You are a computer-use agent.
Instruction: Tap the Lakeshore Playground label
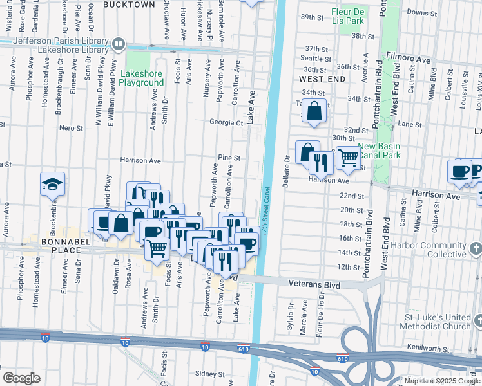[x=141, y=78]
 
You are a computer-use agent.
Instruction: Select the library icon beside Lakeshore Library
[x=119, y=44]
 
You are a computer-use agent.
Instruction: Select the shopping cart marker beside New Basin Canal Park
[x=348, y=157]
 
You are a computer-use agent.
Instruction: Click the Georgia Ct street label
[x=226, y=122]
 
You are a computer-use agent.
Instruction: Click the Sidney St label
[x=209, y=374]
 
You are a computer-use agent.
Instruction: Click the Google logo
[x=21, y=378]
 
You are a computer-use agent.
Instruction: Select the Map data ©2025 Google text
[x=441, y=381]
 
